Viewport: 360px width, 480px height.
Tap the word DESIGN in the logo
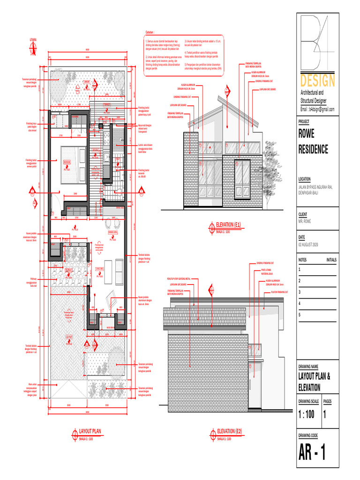pyautogui.click(x=318, y=81)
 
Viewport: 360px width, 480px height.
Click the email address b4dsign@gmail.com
pyautogui.click(x=317, y=109)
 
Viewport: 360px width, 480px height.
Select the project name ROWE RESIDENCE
pyautogui.click(x=313, y=142)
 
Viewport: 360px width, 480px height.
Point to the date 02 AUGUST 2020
pyautogui.click(x=308, y=245)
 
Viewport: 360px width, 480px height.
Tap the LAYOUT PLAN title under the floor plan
pyautogui.click(x=90, y=431)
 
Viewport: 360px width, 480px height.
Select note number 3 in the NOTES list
pyautogui.click(x=300, y=292)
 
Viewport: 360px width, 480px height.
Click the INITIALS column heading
pyautogui.click(x=331, y=259)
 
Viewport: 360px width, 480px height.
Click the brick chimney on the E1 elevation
pyautogui.click(x=191, y=169)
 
